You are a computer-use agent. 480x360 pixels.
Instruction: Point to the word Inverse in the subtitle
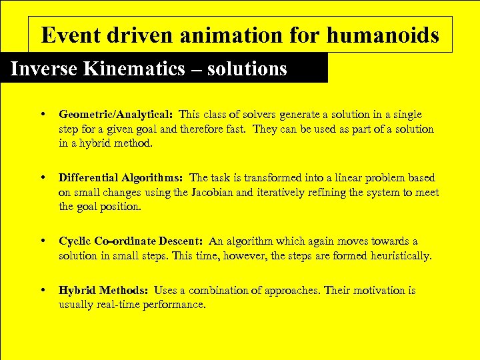45,69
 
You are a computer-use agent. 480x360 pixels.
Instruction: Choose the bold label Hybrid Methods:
103,290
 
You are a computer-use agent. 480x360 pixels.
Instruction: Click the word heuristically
398,255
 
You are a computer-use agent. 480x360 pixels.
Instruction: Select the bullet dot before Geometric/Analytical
43,115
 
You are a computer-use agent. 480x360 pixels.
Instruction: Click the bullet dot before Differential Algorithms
43,177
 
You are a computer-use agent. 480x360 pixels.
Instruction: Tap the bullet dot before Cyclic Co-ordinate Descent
43,241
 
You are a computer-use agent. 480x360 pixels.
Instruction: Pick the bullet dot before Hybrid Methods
43,290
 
